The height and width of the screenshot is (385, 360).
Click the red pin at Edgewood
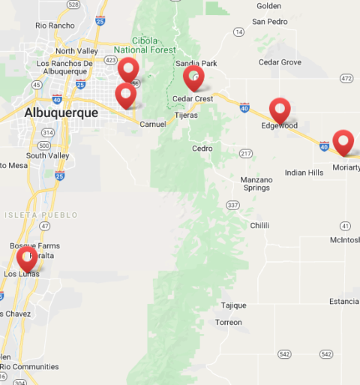click(280, 110)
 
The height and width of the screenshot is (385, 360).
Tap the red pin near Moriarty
click(343, 141)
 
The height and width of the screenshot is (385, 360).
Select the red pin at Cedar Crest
click(193, 77)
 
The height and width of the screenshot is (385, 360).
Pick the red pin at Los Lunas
click(28, 258)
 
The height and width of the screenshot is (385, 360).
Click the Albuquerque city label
click(61, 113)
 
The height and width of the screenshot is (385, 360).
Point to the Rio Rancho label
click(55, 26)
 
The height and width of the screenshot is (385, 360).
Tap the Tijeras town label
click(186, 116)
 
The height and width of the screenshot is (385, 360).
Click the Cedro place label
click(202, 149)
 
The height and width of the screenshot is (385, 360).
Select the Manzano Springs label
click(255, 184)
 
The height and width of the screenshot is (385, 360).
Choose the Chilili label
click(259, 225)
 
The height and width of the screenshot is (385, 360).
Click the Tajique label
click(233, 305)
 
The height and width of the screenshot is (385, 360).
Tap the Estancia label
click(343, 302)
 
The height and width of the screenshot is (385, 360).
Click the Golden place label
click(268, 6)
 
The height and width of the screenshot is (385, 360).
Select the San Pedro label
click(269, 22)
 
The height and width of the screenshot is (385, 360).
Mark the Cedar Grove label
click(280, 62)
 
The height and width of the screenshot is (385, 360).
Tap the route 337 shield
click(232, 205)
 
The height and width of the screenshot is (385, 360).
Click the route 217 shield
click(245, 154)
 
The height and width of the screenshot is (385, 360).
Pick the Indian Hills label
click(304, 173)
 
